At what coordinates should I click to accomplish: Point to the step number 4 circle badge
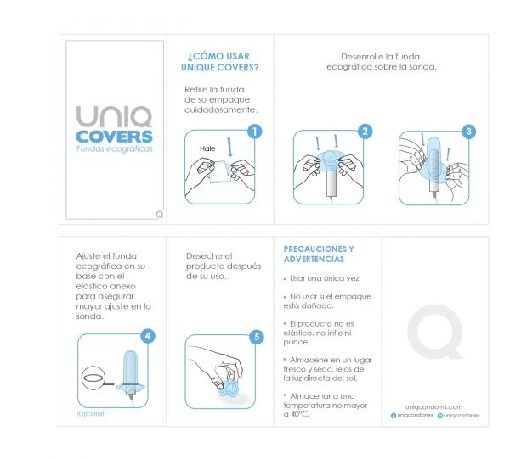(x=148, y=335)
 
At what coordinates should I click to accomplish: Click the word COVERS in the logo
(x=112, y=137)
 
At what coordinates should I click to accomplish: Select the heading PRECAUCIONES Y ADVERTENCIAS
(x=318, y=254)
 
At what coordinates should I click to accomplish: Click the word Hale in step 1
(x=207, y=148)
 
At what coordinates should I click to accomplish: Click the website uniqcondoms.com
(x=434, y=406)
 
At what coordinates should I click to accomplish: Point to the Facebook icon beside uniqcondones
(x=393, y=416)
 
